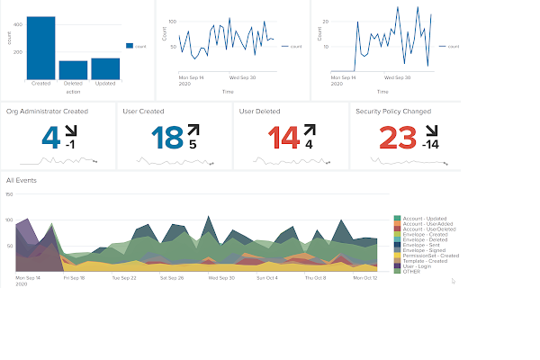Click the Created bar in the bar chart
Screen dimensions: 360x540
[x=41, y=49]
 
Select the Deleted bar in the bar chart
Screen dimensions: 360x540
[x=73, y=71]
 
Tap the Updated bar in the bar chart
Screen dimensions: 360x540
[x=105, y=69]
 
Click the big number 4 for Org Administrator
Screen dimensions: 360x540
[x=52, y=138]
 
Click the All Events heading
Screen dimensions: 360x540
[x=21, y=180]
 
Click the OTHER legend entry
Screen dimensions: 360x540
[x=411, y=271]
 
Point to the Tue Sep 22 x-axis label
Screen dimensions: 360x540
[x=123, y=278]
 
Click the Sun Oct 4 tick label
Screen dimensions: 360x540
[x=268, y=278]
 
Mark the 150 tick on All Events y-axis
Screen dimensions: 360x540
[x=9, y=193]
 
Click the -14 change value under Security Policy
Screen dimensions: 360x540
[x=431, y=145]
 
